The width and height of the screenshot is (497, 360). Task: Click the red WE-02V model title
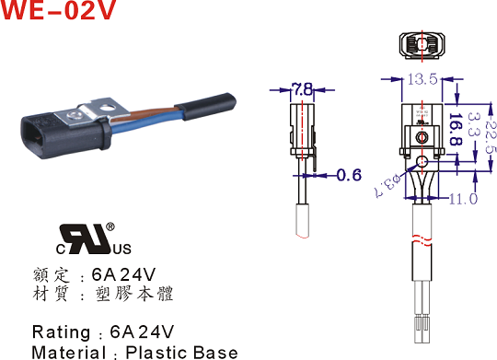[x=58, y=9]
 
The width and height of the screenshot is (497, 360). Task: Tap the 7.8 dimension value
[x=303, y=89]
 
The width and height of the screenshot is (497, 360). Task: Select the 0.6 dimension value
[x=349, y=175]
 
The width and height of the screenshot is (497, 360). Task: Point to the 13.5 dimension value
[x=422, y=78]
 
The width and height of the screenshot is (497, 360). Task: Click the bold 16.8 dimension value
[x=456, y=129]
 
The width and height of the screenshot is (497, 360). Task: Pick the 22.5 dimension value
[x=491, y=135]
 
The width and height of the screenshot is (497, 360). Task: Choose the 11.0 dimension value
[x=463, y=199]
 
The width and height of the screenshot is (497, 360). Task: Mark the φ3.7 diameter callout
[x=387, y=186]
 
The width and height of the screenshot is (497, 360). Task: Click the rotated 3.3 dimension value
[x=473, y=124]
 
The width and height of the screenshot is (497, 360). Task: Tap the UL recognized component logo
[x=94, y=239]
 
